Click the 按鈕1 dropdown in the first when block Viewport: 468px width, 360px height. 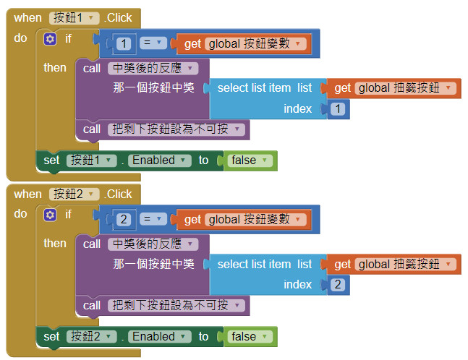75,17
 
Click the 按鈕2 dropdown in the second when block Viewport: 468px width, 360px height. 75,194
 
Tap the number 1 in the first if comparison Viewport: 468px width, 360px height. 124,44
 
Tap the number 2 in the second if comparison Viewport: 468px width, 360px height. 124,220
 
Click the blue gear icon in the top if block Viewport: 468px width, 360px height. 50,39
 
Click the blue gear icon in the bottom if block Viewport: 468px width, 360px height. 50,215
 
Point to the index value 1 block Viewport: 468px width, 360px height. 338,109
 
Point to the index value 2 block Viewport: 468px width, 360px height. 338,285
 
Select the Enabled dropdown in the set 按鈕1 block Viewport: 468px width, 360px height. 160,160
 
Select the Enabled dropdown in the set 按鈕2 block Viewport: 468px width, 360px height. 160,337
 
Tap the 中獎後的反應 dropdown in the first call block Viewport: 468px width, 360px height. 153,68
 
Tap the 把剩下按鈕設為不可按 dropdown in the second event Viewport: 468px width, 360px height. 177,306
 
